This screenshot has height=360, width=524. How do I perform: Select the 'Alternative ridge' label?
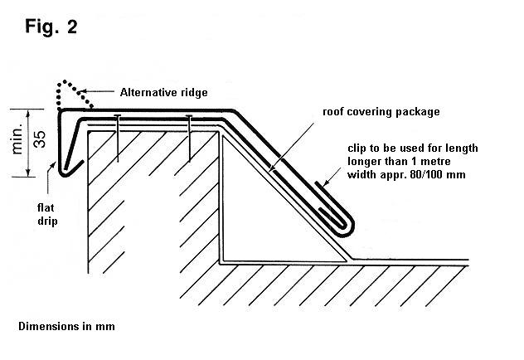[163, 92]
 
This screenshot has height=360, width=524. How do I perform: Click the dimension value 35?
[39, 140]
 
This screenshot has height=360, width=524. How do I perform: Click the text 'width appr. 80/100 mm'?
[403, 176]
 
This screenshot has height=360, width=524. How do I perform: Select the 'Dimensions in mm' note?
[66, 326]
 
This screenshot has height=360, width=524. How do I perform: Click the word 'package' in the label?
[415, 111]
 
